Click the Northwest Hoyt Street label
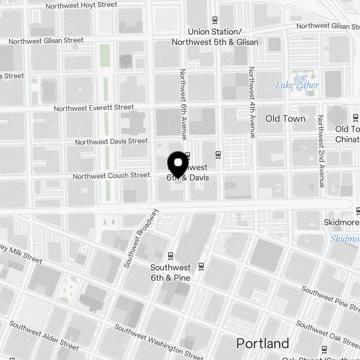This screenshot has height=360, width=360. point(81,5)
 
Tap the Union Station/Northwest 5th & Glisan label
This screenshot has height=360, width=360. point(215,37)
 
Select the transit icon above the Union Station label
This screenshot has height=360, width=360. point(215,20)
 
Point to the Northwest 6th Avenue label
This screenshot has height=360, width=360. point(183,104)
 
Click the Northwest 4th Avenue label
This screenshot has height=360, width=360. point(252,102)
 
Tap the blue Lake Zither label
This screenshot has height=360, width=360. point(297,85)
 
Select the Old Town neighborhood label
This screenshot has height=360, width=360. point(285,118)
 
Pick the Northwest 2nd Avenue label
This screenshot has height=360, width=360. point(320,151)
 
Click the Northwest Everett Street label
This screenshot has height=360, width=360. point(94,108)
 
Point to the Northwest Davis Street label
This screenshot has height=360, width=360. point(111,141)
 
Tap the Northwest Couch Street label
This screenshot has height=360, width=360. point(111,176)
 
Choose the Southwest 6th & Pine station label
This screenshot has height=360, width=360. point(170,273)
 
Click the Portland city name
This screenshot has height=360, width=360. point(262,344)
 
